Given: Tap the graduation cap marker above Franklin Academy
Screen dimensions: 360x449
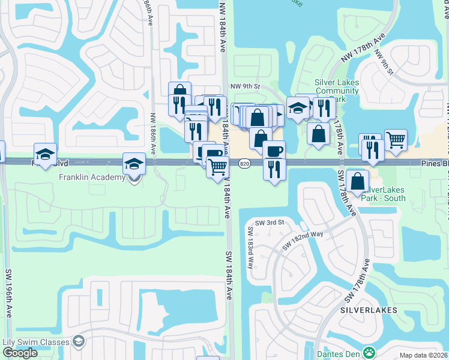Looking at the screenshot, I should [134, 163].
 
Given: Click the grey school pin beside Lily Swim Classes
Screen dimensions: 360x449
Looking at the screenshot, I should [79, 341].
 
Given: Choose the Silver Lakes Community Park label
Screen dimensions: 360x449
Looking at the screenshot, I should [336, 91].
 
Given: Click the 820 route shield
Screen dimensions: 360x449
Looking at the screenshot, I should [244, 163].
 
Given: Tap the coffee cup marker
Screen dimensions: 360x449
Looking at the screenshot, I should [273, 150].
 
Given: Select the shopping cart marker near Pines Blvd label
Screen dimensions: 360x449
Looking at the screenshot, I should [396, 140].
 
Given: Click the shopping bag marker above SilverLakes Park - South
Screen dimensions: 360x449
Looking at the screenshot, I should [357, 181].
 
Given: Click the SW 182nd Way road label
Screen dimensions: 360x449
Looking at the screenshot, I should [303, 241].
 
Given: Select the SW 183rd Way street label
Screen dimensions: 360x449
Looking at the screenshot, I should [250, 248].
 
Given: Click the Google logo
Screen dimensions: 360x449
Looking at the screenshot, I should [20, 353].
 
